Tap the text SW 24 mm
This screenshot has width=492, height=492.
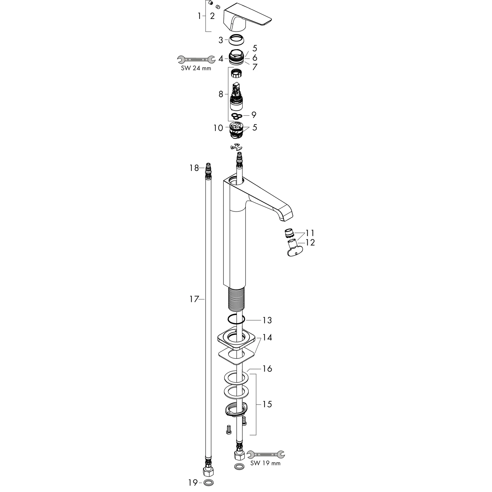(196, 68)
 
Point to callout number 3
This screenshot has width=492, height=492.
(221, 40)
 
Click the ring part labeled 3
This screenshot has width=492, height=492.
(237, 40)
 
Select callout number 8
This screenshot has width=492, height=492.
(221, 94)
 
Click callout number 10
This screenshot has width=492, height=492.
(218, 128)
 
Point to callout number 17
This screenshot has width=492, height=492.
(194, 299)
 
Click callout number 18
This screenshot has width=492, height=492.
(194, 168)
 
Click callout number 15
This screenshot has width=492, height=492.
(267, 404)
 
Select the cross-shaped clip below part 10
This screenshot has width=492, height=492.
(236, 147)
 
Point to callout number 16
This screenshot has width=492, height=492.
(267, 369)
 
